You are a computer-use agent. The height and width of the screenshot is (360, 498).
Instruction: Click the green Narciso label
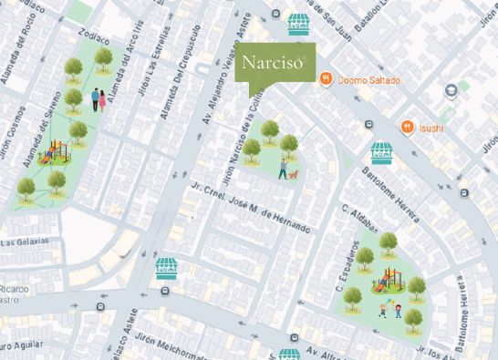pos(275,66)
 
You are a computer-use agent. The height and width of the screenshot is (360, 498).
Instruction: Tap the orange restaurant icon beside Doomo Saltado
pos(326,79)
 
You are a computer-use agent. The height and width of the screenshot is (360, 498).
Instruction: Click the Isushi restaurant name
pos(431,128)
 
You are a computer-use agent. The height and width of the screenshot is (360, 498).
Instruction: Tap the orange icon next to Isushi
pos(409,127)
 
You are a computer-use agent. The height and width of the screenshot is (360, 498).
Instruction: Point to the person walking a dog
pos(285,170)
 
